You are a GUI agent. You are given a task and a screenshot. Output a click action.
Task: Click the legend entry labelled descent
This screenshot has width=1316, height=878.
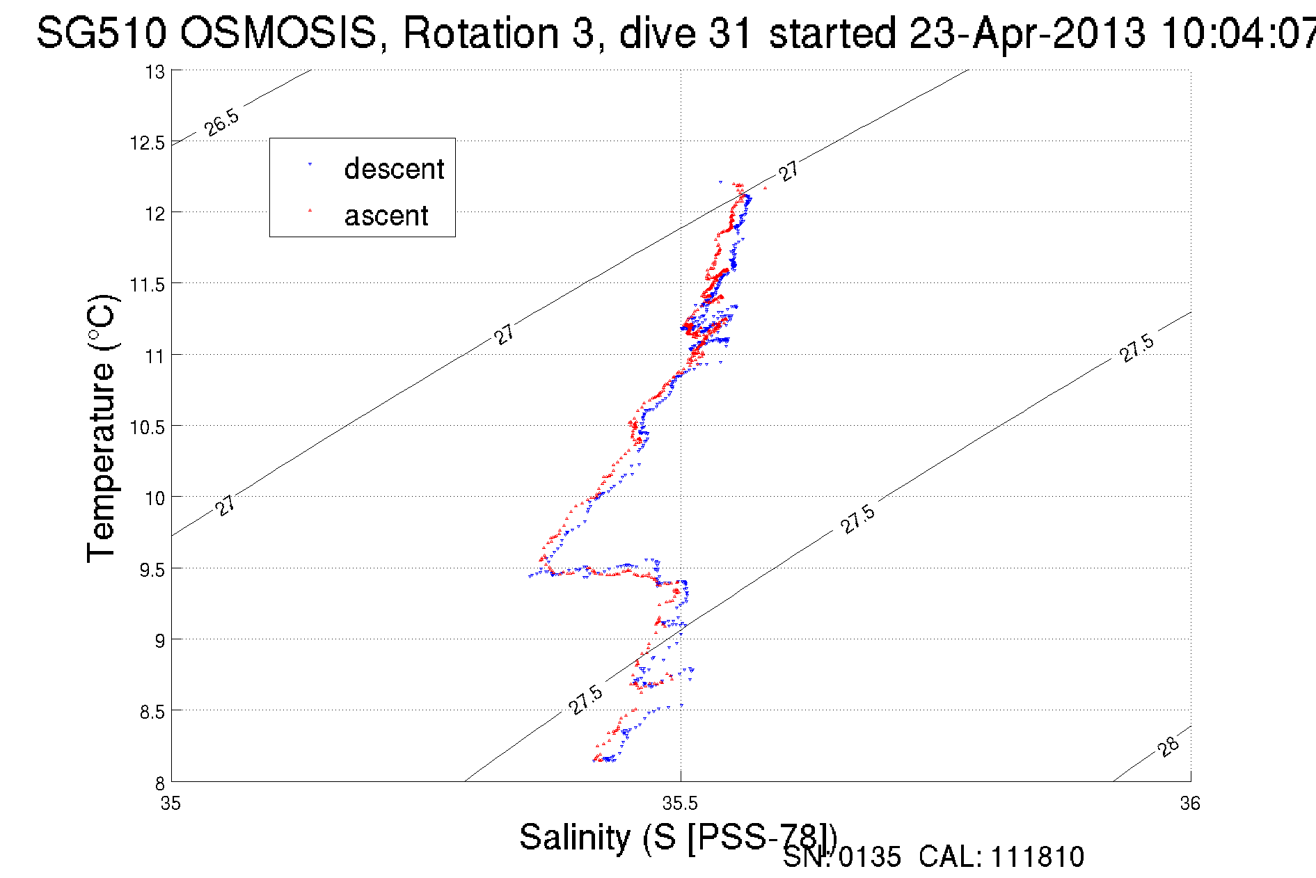coord(393,169)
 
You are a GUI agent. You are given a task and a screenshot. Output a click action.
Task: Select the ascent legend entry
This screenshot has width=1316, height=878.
coord(386,216)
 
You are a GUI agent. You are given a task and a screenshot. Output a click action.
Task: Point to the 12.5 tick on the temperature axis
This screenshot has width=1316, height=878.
coord(147,143)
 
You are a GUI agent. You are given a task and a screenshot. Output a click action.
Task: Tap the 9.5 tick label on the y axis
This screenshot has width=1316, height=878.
coord(152,570)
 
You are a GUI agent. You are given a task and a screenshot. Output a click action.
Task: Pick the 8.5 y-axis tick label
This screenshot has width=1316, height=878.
coord(152,712)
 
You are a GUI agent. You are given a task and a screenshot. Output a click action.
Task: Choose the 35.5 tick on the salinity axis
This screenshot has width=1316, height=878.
coord(680,804)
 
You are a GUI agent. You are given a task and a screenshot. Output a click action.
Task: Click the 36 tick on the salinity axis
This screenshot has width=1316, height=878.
coord(1190,804)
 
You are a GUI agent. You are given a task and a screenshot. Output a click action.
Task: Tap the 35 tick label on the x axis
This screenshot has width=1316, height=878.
coord(171,804)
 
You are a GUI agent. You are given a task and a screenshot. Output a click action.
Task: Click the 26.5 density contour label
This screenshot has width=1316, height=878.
coord(222,122)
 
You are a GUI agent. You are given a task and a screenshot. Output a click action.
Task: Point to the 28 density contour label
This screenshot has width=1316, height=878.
coord(1169,747)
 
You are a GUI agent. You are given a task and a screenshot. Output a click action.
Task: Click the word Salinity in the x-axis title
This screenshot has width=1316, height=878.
coord(575,837)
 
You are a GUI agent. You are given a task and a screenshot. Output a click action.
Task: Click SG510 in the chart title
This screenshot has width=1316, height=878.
coord(101,33)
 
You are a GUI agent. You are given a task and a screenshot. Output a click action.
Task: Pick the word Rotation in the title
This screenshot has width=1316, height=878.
coord(480,33)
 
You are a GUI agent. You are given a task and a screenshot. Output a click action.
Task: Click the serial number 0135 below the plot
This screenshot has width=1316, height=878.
coord(870,857)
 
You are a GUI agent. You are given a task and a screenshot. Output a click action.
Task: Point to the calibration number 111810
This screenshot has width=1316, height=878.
coord(1038,857)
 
